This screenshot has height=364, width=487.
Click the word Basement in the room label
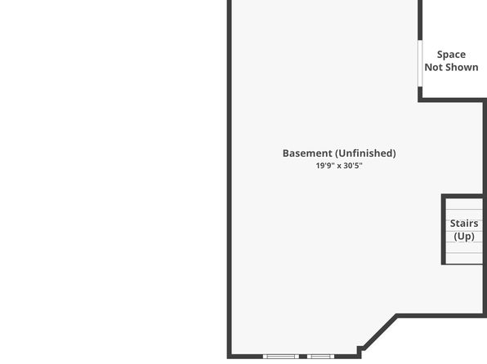point(307,153)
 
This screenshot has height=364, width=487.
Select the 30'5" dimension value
point(353,166)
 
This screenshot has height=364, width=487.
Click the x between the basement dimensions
point(339,166)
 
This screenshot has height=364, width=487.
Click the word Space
point(451,55)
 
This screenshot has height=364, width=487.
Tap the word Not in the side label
point(433,67)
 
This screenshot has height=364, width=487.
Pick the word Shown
point(461,67)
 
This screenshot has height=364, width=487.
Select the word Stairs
point(464,224)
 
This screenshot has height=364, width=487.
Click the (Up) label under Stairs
point(464,237)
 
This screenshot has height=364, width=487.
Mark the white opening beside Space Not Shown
point(420,64)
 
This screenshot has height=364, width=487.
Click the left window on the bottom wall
point(281,357)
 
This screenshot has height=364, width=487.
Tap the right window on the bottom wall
point(320,357)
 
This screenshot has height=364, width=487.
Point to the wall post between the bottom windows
point(303,357)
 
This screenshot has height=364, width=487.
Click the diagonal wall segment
point(379,332)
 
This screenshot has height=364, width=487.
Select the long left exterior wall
point(230,180)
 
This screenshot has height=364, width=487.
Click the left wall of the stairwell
point(444,229)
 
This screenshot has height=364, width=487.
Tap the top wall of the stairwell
point(462,196)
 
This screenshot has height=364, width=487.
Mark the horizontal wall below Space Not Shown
point(452,100)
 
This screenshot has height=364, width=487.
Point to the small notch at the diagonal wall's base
point(360,351)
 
